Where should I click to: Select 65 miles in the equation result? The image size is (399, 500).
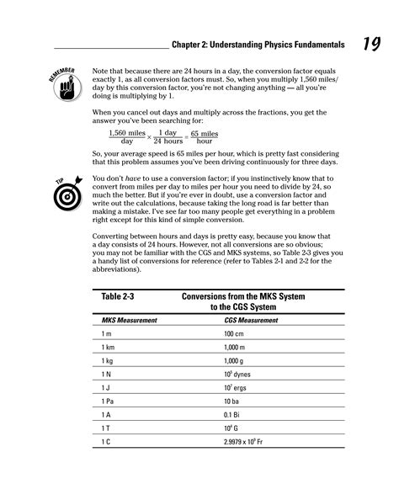click(205, 133)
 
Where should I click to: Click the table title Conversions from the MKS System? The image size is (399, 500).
click(243, 298)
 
